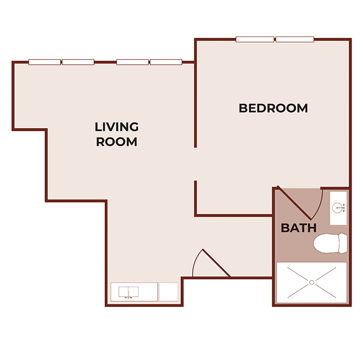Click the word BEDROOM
(x=273, y=108)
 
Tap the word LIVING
(x=117, y=127)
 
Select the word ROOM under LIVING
(x=117, y=142)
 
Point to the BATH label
(x=298, y=228)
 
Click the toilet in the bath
(x=330, y=243)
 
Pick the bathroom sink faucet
(x=339, y=207)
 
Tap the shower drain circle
(x=312, y=283)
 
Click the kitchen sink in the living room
(x=127, y=291)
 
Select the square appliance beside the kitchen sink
(x=168, y=291)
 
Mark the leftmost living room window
(x=45, y=62)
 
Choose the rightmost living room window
(x=166, y=62)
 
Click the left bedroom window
(x=255, y=39)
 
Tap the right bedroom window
(x=295, y=39)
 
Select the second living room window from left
(x=78, y=62)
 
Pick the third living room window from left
(x=133, y=62)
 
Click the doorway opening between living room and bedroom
(x=196, y=164)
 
